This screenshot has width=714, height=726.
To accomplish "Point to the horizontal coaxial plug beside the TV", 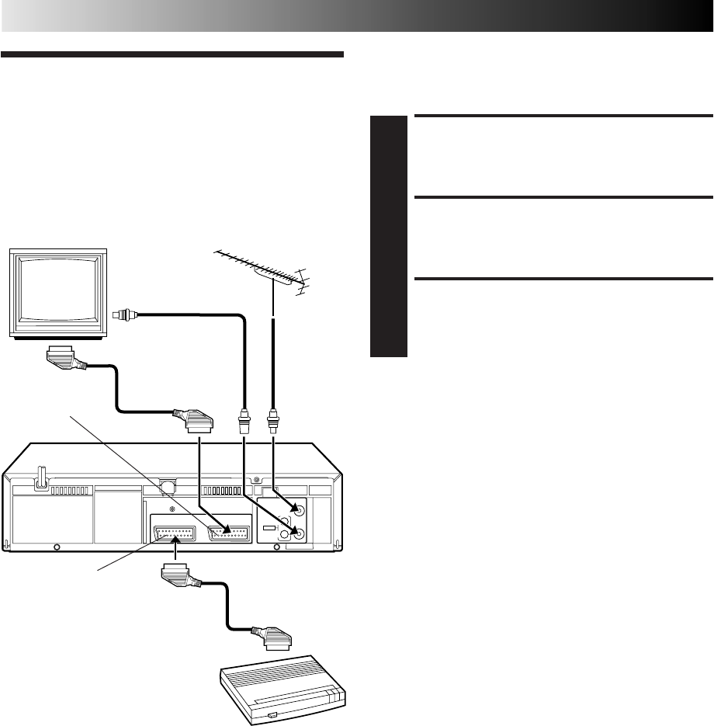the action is tap(124, 315).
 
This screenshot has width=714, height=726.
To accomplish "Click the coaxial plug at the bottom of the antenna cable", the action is tap(273, 424).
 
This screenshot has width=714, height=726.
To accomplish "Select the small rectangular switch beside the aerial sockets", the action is tap(269, 528).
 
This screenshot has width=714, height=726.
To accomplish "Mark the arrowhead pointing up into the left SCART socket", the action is tap(177, 539).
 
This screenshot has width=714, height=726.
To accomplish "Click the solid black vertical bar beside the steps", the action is tap(389, 236).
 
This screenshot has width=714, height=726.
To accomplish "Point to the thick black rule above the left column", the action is tap(172, 55).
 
